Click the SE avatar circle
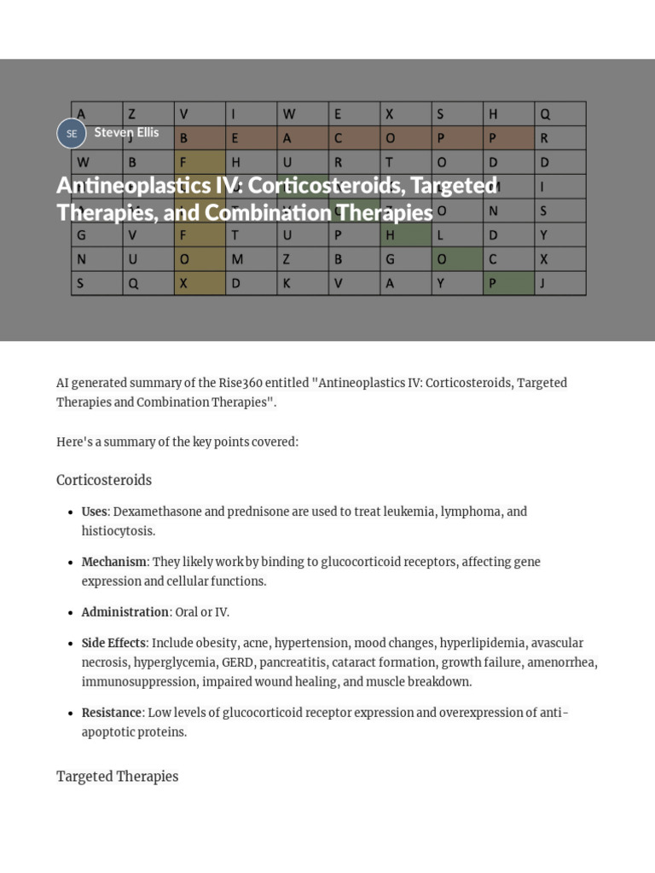pos(72,134)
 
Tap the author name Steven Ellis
pos(126,132)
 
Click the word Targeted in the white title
pos(454,185)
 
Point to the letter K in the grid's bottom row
pos(287,284)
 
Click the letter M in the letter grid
pos(237,259)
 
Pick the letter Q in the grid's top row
pos(546,113)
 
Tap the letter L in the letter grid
pos(441,235)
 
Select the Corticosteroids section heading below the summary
pos(104,480)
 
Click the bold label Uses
pos(94,512)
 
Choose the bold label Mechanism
pos(114,562)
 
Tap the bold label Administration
pos(125,612)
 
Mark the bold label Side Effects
pos(113,643)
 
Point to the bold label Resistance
pos(111,713)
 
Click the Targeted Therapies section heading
pos(117,777)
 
